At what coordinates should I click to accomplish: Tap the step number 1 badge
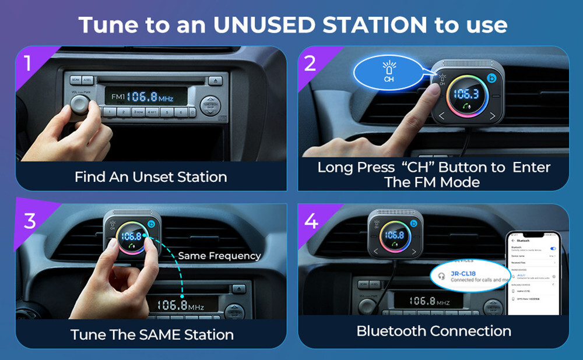click(x=28, y=63)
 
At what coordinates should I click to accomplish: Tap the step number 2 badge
click(x=310, y=63)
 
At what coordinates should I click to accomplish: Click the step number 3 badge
click(x=29, y=220)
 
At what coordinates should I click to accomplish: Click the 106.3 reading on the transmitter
click(x=466, y=95)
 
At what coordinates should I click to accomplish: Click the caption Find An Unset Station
click(x=150, y=177)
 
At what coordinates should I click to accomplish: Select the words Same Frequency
click(x=219, y=256)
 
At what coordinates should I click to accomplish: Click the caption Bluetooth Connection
click(x=434, y=331)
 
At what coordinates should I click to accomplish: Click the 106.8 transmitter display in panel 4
click(x=394, y=235)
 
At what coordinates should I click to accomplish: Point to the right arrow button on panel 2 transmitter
click(x=493, y=116)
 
